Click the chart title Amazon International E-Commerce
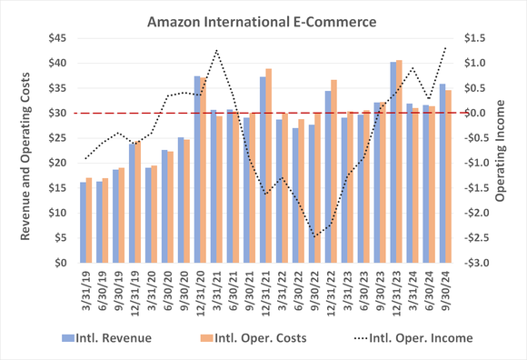(x=263, y=16)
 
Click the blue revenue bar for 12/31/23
(x=393, y=163)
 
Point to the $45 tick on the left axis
(x=58, y=38)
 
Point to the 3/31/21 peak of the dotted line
(x=216, y=51)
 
